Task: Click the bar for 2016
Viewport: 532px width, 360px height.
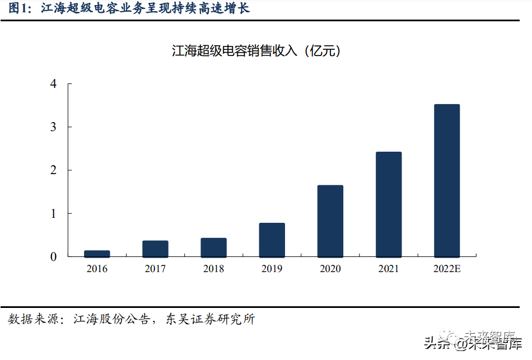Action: (97, 254)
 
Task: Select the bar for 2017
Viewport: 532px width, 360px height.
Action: (155, 249)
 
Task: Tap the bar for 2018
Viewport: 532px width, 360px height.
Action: (213, 247)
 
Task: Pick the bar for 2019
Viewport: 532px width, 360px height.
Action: (272, 240)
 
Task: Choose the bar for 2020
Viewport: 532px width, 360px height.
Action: (330, 221)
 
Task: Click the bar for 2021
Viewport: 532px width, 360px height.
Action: (388, 204)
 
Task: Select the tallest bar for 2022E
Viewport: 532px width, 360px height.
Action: (446, 180)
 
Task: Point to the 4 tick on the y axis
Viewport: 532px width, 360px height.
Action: (53, 84)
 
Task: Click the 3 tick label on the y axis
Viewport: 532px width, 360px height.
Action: (53, 127)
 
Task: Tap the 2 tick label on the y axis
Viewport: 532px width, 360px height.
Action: (53, 170)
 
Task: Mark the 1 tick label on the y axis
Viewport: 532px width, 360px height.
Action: (53, 213)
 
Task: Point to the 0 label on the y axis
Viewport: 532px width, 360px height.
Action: (53, 256)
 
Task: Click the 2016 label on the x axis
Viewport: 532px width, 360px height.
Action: (97, 269)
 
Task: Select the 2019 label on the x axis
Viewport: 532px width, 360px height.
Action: (272, 269)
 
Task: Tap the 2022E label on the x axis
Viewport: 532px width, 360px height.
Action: (446, 269)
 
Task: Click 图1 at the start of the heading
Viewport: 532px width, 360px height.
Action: (18, 9)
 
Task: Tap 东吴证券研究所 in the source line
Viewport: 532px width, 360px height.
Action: (210, 320)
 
